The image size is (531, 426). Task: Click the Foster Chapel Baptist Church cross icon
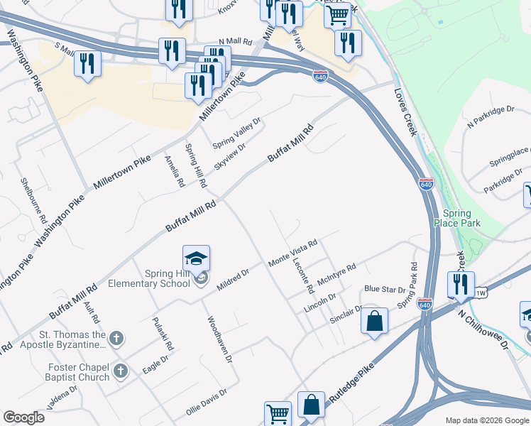click(121, 370)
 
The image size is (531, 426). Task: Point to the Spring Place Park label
click(461, 218)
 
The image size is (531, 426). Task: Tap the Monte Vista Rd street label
click(292, 253)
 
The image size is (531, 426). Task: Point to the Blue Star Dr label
click(384, 289)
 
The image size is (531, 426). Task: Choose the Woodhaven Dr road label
click(219, 339)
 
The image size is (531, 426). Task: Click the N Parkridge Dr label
click(490, 117)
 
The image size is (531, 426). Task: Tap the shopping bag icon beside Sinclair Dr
click(375, 322)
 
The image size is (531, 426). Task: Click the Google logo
click(24, 417)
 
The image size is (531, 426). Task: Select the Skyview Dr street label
click(230, 155)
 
